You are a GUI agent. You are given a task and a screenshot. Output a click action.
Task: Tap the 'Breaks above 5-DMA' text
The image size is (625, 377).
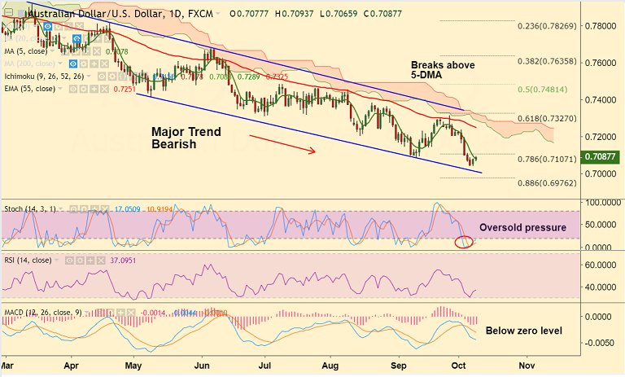[443, 71]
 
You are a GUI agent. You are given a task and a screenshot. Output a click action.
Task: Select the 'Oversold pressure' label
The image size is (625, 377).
[522, 227]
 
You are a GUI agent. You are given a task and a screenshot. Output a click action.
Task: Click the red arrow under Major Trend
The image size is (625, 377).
[282, 143]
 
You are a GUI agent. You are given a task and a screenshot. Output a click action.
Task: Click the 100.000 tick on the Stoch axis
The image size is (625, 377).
[602, 201]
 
